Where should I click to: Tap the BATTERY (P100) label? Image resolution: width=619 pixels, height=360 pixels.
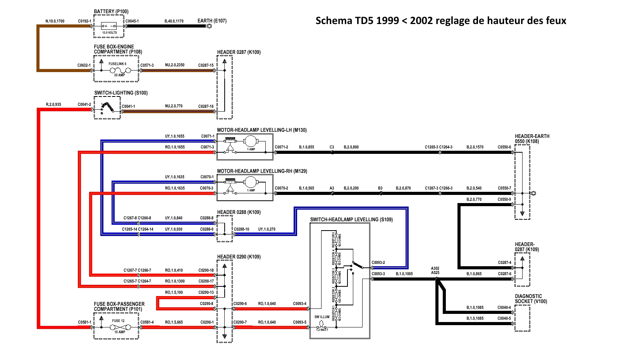point(111,12)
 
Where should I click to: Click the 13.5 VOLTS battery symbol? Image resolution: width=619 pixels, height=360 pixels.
point(109,26)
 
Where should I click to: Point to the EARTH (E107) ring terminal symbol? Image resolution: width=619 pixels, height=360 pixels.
point(209,26)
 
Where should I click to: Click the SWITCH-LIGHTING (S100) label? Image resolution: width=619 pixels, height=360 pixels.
point(121,93)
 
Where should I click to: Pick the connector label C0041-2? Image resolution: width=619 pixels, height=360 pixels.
point(84,104)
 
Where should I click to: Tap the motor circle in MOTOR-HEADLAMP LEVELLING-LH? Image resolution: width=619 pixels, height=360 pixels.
point(250,141)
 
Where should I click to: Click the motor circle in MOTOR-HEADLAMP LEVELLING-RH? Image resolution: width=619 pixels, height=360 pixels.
point(250,182)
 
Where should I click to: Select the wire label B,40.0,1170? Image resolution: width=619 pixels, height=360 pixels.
point(174,21)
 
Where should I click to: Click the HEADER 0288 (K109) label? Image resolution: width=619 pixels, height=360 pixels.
point(239,212)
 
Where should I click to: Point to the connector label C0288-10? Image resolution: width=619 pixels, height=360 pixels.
point(241,229)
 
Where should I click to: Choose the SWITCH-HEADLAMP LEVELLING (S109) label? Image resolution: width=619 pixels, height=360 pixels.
point(351,220)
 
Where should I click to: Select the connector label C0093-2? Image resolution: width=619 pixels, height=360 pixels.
point(378,263)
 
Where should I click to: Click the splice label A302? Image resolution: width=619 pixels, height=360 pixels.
point(435,268)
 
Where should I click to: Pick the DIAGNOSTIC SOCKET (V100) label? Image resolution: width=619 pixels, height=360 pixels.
point(531,299)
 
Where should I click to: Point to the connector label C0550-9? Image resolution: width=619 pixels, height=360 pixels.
point(504,200)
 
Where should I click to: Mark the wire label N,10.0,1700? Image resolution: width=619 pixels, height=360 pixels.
point(55,21)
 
